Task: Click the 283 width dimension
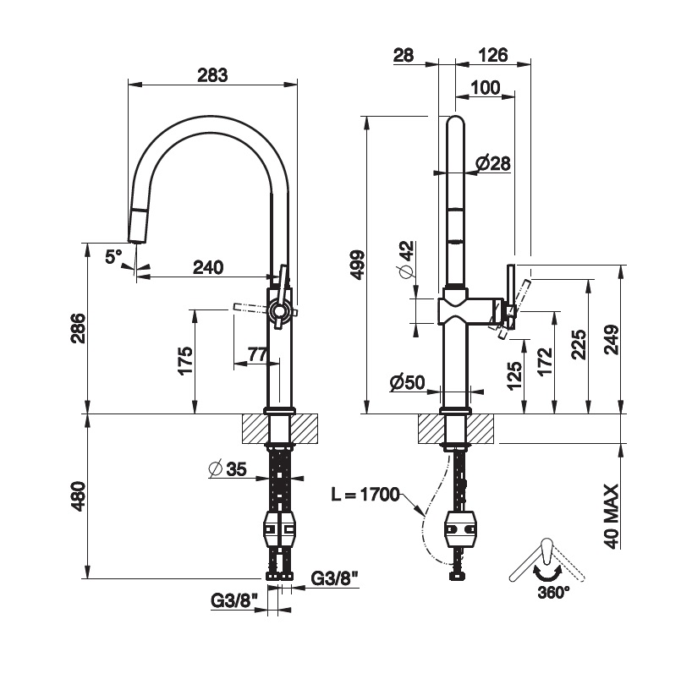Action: click(212, 74)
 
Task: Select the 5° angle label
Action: click(114, 255)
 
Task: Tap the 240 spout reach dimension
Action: click(208, 267)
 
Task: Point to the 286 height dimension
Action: click(77, 329)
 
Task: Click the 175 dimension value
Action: click(186, 361)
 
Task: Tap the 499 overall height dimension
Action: click(356, 265)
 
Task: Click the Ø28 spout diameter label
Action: click(492, 163)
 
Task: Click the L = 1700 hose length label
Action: click(365, 495)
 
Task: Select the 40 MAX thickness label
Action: click(613, 516)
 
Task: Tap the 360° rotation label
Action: click(553, 593)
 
